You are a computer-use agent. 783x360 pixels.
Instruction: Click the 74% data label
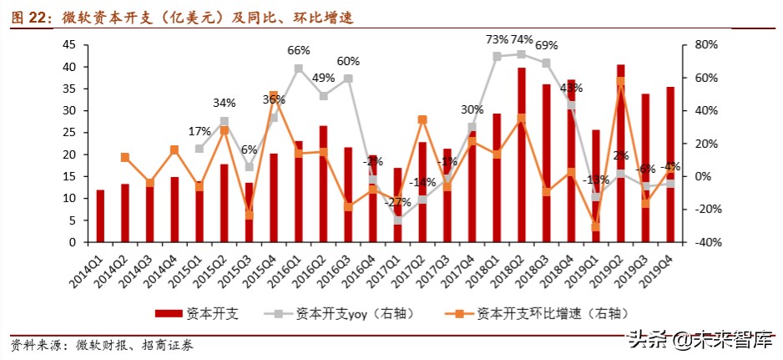click(x=522, y=39)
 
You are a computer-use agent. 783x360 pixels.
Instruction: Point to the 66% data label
click(x=299, y=51)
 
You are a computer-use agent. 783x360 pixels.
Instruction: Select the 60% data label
click(x=348, y=62)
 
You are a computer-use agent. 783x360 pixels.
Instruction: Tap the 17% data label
click(x=200, y=132)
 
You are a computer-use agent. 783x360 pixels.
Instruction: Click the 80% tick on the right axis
click(x=696, y=45)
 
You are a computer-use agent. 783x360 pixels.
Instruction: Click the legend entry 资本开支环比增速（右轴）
click(x=549, y=313)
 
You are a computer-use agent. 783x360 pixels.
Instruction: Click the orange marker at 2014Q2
click(x=125, y=157)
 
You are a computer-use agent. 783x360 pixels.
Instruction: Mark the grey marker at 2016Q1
click(x=299, y=68)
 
